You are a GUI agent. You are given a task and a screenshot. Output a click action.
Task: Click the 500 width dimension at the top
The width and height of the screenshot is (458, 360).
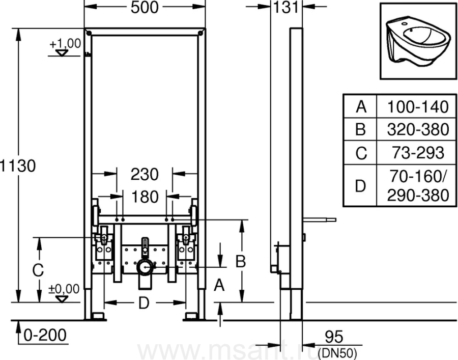click(145, 7)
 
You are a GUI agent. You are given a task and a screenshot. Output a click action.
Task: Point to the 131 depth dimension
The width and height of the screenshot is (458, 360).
click(286, 7)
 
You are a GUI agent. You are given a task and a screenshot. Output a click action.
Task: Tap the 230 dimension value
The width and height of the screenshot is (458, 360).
click(145, 174)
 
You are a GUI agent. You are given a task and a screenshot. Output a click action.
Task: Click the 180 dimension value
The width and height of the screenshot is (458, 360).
click(145, 197)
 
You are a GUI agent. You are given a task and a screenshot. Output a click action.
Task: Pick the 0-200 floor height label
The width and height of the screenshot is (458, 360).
click(45, 335)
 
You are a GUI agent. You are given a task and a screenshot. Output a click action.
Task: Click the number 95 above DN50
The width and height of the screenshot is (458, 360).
click(334, 337)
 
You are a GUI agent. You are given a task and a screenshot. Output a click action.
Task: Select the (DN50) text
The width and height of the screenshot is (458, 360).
click(337, 353)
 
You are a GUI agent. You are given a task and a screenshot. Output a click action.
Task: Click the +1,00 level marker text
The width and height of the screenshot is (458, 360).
click(65, 44)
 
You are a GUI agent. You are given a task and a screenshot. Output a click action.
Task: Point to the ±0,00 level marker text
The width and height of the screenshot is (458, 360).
click(64, 289)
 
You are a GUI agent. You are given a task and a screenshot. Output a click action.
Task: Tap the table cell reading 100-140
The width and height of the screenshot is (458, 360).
click(418, 106)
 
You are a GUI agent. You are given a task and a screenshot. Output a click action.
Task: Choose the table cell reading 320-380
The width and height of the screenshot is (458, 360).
click(418, 129)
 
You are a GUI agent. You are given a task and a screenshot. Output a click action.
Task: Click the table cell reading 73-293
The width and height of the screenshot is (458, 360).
click(418, 153)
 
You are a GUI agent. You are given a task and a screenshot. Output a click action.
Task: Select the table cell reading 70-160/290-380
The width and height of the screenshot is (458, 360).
click(418, 185)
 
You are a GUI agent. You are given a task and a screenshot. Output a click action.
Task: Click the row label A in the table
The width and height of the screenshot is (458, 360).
click(361, 106)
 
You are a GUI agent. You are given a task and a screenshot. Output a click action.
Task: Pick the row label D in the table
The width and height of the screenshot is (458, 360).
click(360, 185)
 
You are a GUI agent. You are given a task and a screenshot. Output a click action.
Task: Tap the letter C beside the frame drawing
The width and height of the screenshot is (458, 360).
click(38, 270)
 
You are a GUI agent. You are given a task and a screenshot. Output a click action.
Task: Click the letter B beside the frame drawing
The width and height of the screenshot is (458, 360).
click(241, 261)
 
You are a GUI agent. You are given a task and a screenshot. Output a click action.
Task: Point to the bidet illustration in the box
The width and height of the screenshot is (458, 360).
click(419, 41)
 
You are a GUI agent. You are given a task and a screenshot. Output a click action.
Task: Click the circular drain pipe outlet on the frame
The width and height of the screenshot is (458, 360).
click(145, 267)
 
